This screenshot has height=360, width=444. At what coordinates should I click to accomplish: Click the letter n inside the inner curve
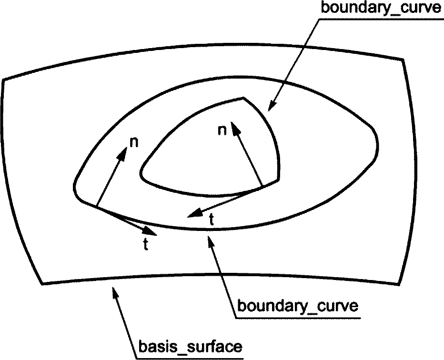(x=222, y=130)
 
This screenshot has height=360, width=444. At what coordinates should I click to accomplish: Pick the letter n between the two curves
(x=134, y=142)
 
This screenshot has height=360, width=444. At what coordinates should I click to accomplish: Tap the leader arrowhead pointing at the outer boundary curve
(x=208, y=236)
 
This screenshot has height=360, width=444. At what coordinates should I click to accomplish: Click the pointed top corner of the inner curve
(x=243, y=99)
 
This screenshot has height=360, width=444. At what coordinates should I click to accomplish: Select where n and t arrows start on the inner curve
(x=262, y=186)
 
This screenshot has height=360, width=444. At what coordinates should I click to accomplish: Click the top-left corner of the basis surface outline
(x=4, y=80)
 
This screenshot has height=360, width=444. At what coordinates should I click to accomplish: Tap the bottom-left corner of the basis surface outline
(x=43, y=284)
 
